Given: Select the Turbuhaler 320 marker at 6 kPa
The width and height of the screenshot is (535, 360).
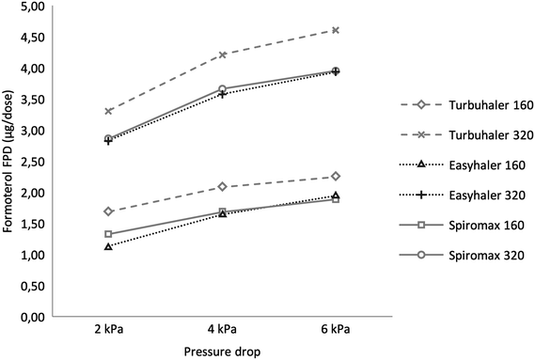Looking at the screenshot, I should (x=309, y=30).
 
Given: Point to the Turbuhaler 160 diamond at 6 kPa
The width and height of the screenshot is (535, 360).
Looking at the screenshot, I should (x=309, y=176).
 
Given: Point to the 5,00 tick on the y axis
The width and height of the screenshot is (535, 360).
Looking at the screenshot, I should (x=32, y=7).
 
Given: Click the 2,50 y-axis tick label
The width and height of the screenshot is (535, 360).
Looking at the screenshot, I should (x=32, y=162).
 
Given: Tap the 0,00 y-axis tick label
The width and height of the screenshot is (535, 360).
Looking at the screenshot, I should (x=32, y=318).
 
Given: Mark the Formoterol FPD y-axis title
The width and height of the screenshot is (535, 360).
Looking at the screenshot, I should (x=8, y=162).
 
